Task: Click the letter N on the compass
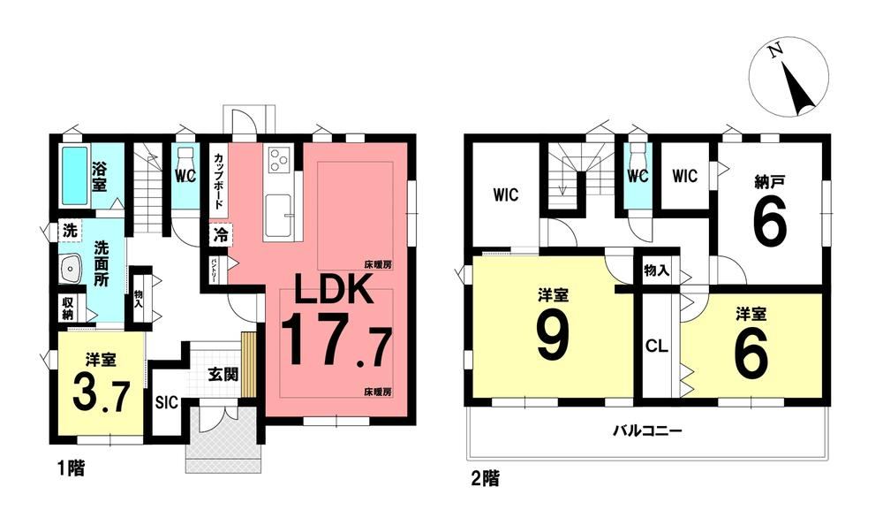click(x=776, y=51)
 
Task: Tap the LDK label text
click(x=332, y=289)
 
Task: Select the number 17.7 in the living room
click(x=336, y=341)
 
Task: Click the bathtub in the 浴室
click(x=74, y=176)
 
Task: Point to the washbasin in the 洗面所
click(x=71, y=269)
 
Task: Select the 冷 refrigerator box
click(x=220, y=235)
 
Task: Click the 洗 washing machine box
click(x=69, y=230)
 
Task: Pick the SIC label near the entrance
click(x=166, y=402)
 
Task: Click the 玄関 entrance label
click(x=223, y=374)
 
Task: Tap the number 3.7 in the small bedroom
click(x=102, y=396)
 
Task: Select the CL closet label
click(x=656, y=346)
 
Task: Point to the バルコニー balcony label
click(x=647, y=431)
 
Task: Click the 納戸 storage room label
click(x=770, y=181)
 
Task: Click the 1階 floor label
click(x=70, y=468)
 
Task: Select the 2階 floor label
click(x=485, y=479)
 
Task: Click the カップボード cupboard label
click(x=218, y=180)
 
